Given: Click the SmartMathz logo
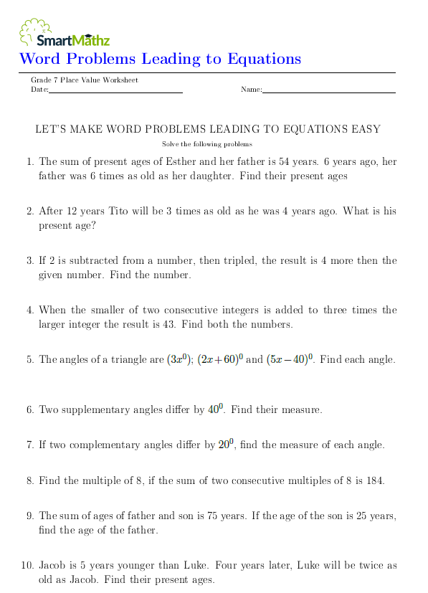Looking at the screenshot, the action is click(x=64, y=33).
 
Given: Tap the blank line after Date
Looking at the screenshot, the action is click(x=115, y=91).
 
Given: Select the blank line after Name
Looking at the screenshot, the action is click(x=329, y=91).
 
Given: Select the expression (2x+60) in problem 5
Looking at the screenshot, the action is click(x=219, y=359).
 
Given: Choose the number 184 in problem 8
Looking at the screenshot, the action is click(x=374, y=480).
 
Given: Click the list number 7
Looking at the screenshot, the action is click(x=29, y=445).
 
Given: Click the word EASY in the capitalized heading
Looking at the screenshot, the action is click(x=366, y=129).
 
